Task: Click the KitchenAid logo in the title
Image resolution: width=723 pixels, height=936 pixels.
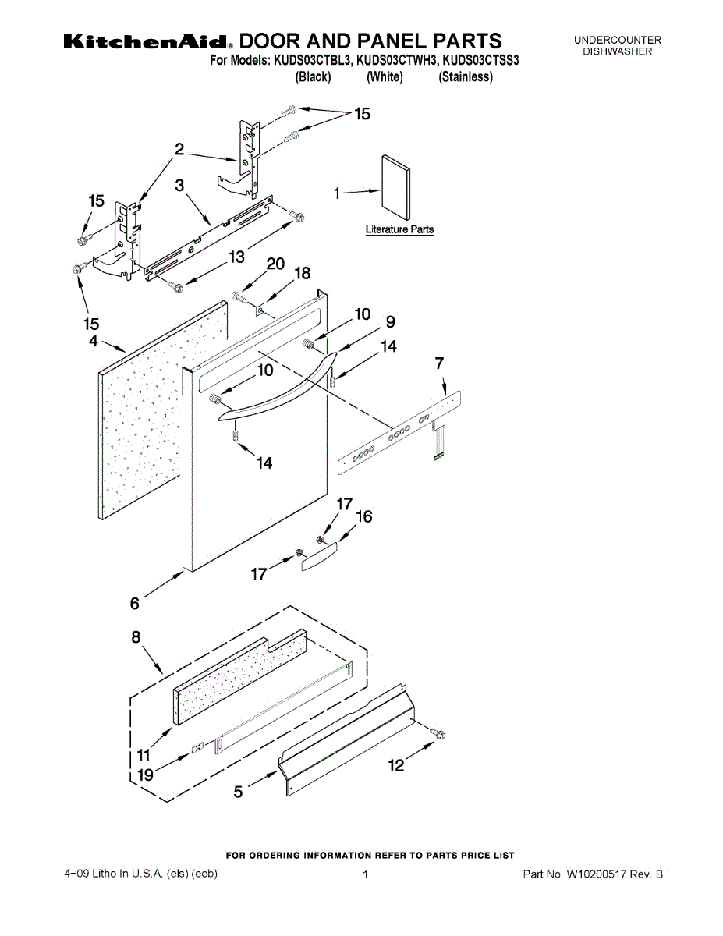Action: pos(147,41)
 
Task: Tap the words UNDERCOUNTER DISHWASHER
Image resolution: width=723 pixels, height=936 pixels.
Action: pos(617,45)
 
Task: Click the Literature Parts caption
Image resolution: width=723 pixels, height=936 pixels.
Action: pos(399,229)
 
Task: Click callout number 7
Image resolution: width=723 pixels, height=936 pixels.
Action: pos(440,363)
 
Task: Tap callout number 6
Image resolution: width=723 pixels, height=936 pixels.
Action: pos(135,603)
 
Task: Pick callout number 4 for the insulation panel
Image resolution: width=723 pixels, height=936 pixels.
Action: pos(93,340)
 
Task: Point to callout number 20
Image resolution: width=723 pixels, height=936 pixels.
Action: pos(275,264)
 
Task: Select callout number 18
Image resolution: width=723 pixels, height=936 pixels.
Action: pos(302,273)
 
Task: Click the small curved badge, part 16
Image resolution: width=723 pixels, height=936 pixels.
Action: pos(318,556)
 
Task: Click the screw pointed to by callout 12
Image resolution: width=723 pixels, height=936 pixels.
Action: pos(438,734)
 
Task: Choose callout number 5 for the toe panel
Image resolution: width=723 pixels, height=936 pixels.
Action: pos(239,792)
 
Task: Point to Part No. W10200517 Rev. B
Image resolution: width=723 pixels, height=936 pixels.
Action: pos(593,874)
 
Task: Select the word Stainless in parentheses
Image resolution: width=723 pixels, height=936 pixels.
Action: pos(466,76)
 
